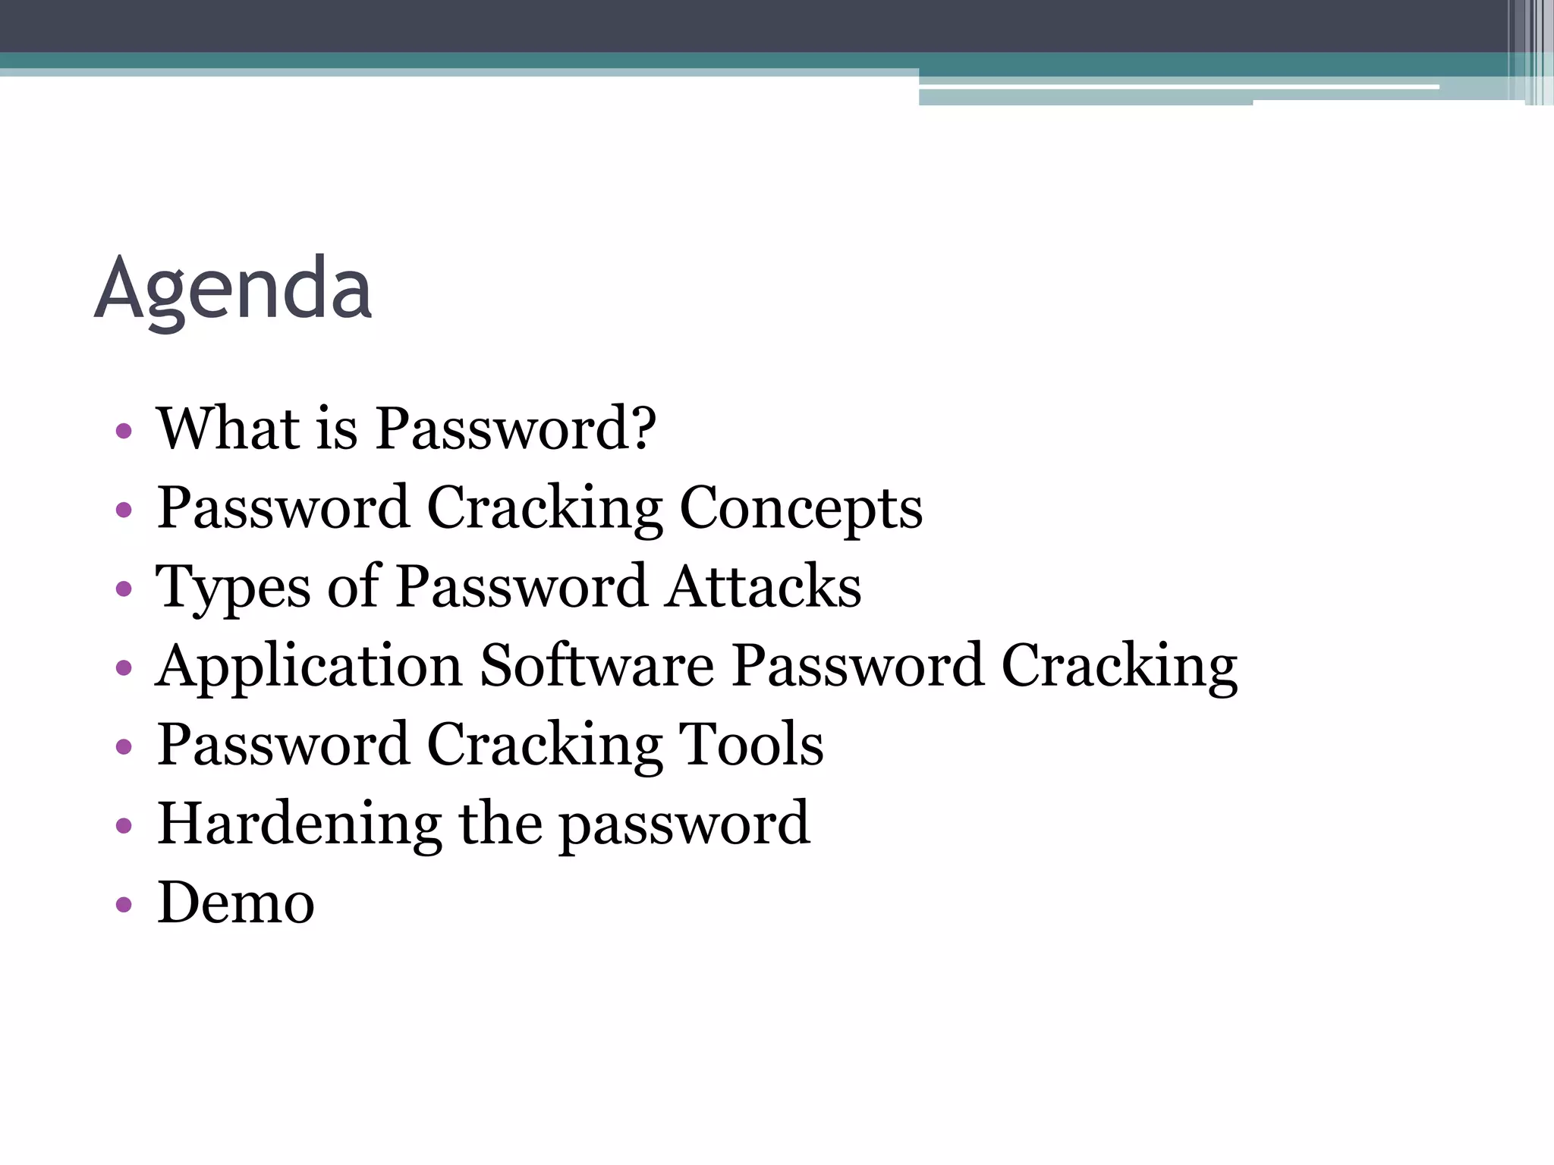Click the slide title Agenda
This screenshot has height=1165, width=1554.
tap(233, 289)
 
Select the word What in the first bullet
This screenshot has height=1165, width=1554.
tap(228, 428)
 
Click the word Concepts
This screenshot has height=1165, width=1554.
tap(801, 508)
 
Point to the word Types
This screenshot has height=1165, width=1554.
tap(232, 587)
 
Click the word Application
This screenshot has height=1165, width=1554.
tap(309, 666)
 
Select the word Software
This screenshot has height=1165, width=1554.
tap(596, 666)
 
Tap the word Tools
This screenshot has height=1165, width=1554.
tap(750, 745)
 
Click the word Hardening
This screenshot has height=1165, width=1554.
tap(299, 824)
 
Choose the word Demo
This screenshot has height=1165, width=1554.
tap(235, 903)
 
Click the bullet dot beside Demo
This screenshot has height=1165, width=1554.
tap(124, 904)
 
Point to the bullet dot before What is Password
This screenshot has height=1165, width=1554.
tap(124, 432)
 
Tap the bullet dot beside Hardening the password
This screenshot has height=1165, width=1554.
tap(124, 825)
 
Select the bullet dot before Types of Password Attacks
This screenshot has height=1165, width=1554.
tap(124, 589)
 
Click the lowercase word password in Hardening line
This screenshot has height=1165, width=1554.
tap(684, 825)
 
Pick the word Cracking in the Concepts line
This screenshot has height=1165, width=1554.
tap(544, 508)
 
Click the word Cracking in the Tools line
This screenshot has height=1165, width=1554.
tap(544, 745)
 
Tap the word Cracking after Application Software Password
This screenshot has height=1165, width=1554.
tap(1119, 666)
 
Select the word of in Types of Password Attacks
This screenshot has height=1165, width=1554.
tap(353, 587)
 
